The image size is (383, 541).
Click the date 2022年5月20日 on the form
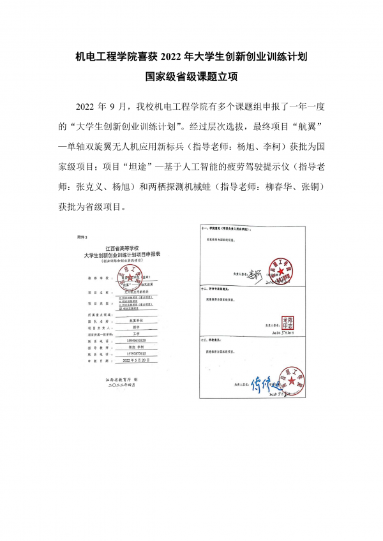coord(135,360)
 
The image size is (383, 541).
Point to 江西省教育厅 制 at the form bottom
coord(123,379)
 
